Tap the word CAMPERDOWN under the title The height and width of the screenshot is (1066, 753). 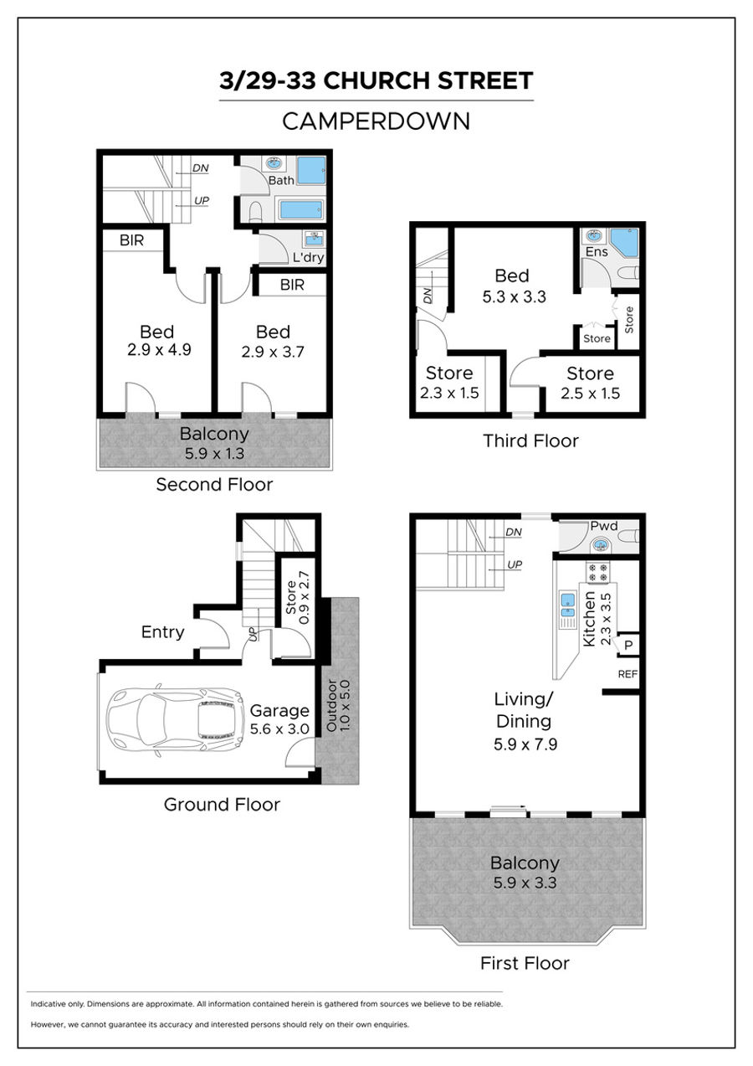coord(376,121)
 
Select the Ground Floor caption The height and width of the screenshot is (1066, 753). coord(222,804)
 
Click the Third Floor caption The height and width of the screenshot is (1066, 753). coord(530,440)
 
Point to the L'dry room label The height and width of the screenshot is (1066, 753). coord(308,257)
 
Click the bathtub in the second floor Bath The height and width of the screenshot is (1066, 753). coord(301,209)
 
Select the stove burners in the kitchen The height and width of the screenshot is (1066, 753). coord(598,572)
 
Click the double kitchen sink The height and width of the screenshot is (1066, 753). coord(567,605)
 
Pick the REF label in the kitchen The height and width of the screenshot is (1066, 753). coord(627,674)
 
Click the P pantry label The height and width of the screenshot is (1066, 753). coord(628,646)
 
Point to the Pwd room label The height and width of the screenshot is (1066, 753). coord(604,526)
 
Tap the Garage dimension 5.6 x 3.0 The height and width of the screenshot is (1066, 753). coord(279,729)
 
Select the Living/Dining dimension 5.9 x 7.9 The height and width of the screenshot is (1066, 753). coord(525,744)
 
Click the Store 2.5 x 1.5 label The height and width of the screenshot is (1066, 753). coord(590,384)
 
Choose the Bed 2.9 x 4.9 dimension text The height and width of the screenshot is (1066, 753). coord(159,350)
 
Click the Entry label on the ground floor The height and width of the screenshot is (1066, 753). coord(162,632)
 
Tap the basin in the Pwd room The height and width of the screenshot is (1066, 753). coord(601,544)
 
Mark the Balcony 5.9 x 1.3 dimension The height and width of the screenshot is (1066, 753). coord(214,454)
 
